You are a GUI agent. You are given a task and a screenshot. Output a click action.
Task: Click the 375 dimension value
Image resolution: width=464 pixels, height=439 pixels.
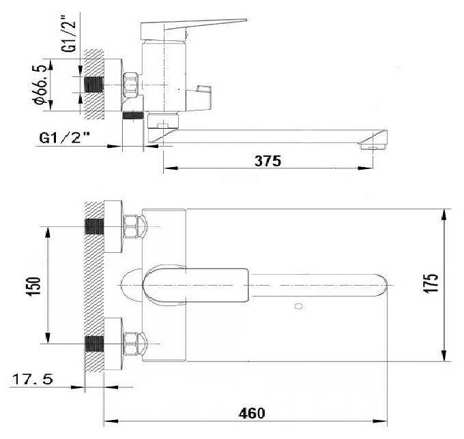pos(267,161)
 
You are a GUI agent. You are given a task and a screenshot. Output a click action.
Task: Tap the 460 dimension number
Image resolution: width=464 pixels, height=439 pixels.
pos(252,413)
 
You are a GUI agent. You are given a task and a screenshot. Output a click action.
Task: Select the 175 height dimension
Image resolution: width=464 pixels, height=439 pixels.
pos(431,284)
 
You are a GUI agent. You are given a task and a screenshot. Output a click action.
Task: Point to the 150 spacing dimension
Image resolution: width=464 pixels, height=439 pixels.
pos(33,286)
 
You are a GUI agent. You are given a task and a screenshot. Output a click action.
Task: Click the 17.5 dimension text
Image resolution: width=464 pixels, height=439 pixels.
pos(33,379)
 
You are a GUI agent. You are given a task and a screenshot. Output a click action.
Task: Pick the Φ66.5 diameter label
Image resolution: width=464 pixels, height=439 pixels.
pos(40,85)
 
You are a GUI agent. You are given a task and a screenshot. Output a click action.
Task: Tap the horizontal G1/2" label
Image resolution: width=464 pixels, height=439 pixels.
pos(65,138)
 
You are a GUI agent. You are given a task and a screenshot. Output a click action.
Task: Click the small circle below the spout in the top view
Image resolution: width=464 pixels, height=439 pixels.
pos(299,306)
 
